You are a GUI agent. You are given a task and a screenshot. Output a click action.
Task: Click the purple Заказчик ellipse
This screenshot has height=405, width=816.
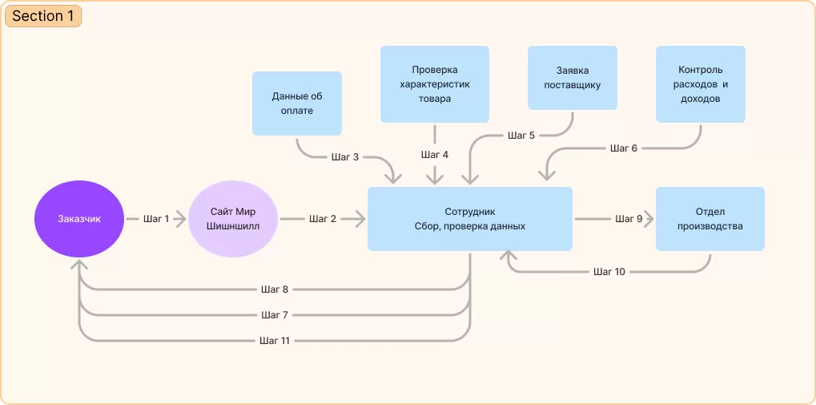point(79,219)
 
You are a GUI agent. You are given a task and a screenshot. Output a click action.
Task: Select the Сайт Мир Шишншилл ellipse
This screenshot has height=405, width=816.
point(232,219)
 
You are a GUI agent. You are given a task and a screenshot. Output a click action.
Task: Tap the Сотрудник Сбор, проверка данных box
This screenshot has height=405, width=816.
point(469,219)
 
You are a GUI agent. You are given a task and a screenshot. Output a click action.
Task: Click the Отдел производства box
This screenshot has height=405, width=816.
point(709,219)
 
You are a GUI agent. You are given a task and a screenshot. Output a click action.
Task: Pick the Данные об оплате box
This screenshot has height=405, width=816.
point(297,103)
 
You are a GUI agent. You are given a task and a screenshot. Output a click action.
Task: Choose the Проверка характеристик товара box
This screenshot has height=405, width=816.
point(435,84)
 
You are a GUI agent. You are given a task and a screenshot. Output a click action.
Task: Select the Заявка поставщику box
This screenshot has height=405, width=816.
point(573,78)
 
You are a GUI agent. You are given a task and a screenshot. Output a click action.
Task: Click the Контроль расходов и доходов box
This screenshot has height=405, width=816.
point(701,84)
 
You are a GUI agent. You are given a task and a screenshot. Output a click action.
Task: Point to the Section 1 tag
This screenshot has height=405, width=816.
point(42,16)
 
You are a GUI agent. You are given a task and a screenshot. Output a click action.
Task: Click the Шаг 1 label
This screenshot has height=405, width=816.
point(156,219)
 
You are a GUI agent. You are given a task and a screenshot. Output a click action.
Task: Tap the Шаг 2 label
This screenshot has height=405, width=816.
point(323,219)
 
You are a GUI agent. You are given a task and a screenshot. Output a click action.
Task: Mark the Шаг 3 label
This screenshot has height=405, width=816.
point(345,156)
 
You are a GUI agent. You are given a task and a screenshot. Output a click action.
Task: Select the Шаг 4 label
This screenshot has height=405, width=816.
point(435,154)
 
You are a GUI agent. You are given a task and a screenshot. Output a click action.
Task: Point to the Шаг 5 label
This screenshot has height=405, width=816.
point(521,136)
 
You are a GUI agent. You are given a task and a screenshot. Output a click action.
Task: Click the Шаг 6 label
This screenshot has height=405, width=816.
point(624,148)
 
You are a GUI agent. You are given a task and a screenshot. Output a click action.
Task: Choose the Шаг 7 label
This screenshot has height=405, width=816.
point(275,314)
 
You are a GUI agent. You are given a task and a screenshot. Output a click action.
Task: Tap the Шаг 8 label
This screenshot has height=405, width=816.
point(275,289)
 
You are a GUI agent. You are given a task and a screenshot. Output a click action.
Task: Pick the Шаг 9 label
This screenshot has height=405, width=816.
point(629,219)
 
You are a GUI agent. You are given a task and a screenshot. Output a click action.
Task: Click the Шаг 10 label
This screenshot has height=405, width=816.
point(609,272)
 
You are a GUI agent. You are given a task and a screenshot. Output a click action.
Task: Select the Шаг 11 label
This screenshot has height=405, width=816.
point(275,341)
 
